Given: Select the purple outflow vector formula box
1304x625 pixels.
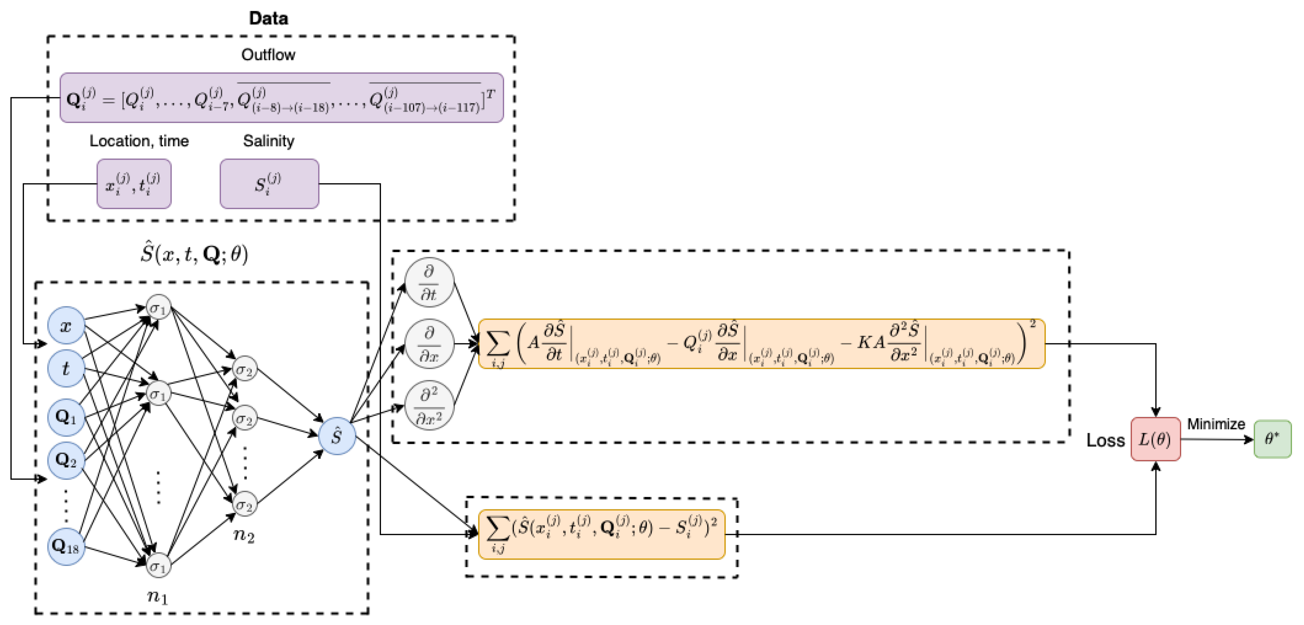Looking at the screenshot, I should pyautogui.click(x=282, y=98).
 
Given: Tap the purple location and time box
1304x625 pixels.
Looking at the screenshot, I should pyautogui.click(x=134, y=184).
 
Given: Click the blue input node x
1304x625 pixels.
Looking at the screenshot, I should pyautogui.click(x=66, y=325).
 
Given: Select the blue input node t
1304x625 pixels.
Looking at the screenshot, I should pyautogui.click(x=66, y=368).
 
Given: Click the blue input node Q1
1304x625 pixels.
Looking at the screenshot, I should pyautogui.click(x=66, y=417).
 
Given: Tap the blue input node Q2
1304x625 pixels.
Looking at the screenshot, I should pyautogui.click(x=66, y=460).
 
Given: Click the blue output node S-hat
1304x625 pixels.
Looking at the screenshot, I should pyautogui.click(x=337, y=436).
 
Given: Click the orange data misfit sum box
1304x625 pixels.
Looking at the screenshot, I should pyautogui.click(x=601, y=534).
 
